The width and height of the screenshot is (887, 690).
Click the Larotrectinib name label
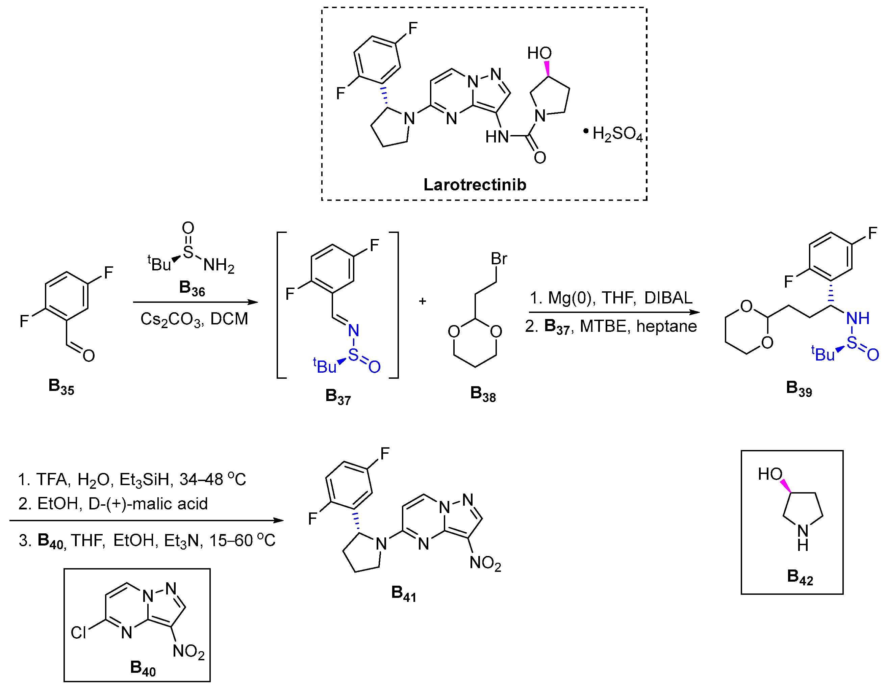pyautogui.click(x=474, y=185)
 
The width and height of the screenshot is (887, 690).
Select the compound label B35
pyautogui.click(x=61, y=386)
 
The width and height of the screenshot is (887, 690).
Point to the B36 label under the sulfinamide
pyautogui.click(x=192, y=288)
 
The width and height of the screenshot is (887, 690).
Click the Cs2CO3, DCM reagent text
pyautogui.click(x=194, y=319)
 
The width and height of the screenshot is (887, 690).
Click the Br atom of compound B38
pyautogui.click(x=499, y=259)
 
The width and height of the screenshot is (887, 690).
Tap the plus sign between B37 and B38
pyautogui.click(x=422, y=301)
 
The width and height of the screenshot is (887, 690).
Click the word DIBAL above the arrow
pyautogui.click(x=668, y=298)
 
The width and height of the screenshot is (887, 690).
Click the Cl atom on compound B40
pyautogui.click(x=78, y=632)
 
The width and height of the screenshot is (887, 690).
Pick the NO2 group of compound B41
pyautogui.click(x=485, y=563)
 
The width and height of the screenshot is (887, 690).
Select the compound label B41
pyautogui.click(x=403, y=593)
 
